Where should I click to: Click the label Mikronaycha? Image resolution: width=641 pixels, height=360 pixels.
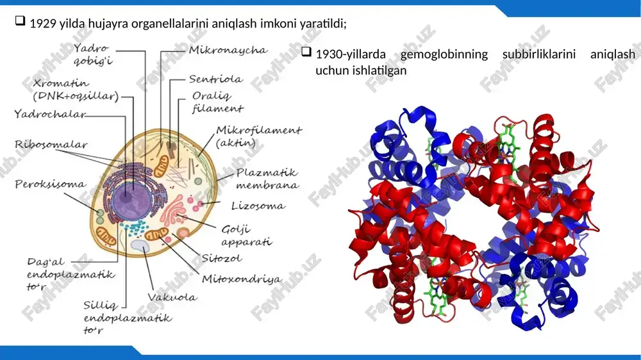(x=228, y=50)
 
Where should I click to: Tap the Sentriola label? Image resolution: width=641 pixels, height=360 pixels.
(x=216, y=79)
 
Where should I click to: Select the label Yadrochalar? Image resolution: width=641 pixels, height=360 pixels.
(x=50, y=113)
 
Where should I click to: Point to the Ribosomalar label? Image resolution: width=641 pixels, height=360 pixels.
(x=51, y=144)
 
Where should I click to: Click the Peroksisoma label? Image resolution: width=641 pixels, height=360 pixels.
(x=50, y=184)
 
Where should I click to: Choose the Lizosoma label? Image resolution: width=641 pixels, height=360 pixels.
(x=258, y=206)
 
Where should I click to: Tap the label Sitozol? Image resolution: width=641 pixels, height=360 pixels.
(x=222, y=258)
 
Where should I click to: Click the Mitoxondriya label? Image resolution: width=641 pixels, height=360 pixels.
(x=242, y=279)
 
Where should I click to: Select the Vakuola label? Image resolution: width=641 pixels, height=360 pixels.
(x=172, y=297)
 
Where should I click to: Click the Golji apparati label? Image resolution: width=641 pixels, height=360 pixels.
(x=247, y=235)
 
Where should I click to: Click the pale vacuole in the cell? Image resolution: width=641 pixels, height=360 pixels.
(x=140, y=245)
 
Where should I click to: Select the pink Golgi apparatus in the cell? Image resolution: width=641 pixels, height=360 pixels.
(x=172, y=209)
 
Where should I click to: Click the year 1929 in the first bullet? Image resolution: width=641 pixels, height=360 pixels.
(x=43, y=24)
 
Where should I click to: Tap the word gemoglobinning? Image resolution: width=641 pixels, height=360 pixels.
(x=444, y=54)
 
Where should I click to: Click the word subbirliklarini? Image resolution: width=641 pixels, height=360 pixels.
(x=539, y=54)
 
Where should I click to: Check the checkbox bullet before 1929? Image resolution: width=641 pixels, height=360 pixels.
(x=20, y=21)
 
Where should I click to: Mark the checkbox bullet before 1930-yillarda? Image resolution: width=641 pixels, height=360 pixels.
(x=306, y=51)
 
